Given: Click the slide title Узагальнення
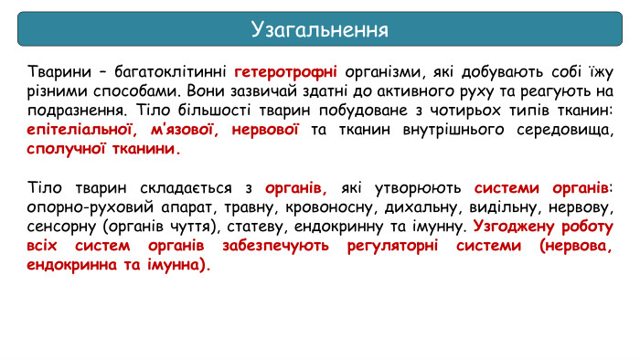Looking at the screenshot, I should click(319, 29).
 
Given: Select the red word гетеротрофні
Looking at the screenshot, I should click(286, 72).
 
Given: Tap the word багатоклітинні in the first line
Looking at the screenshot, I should click(173, 72).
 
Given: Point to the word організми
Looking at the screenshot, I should click(383, 72).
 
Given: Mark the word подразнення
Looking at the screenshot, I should click(73, 111).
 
